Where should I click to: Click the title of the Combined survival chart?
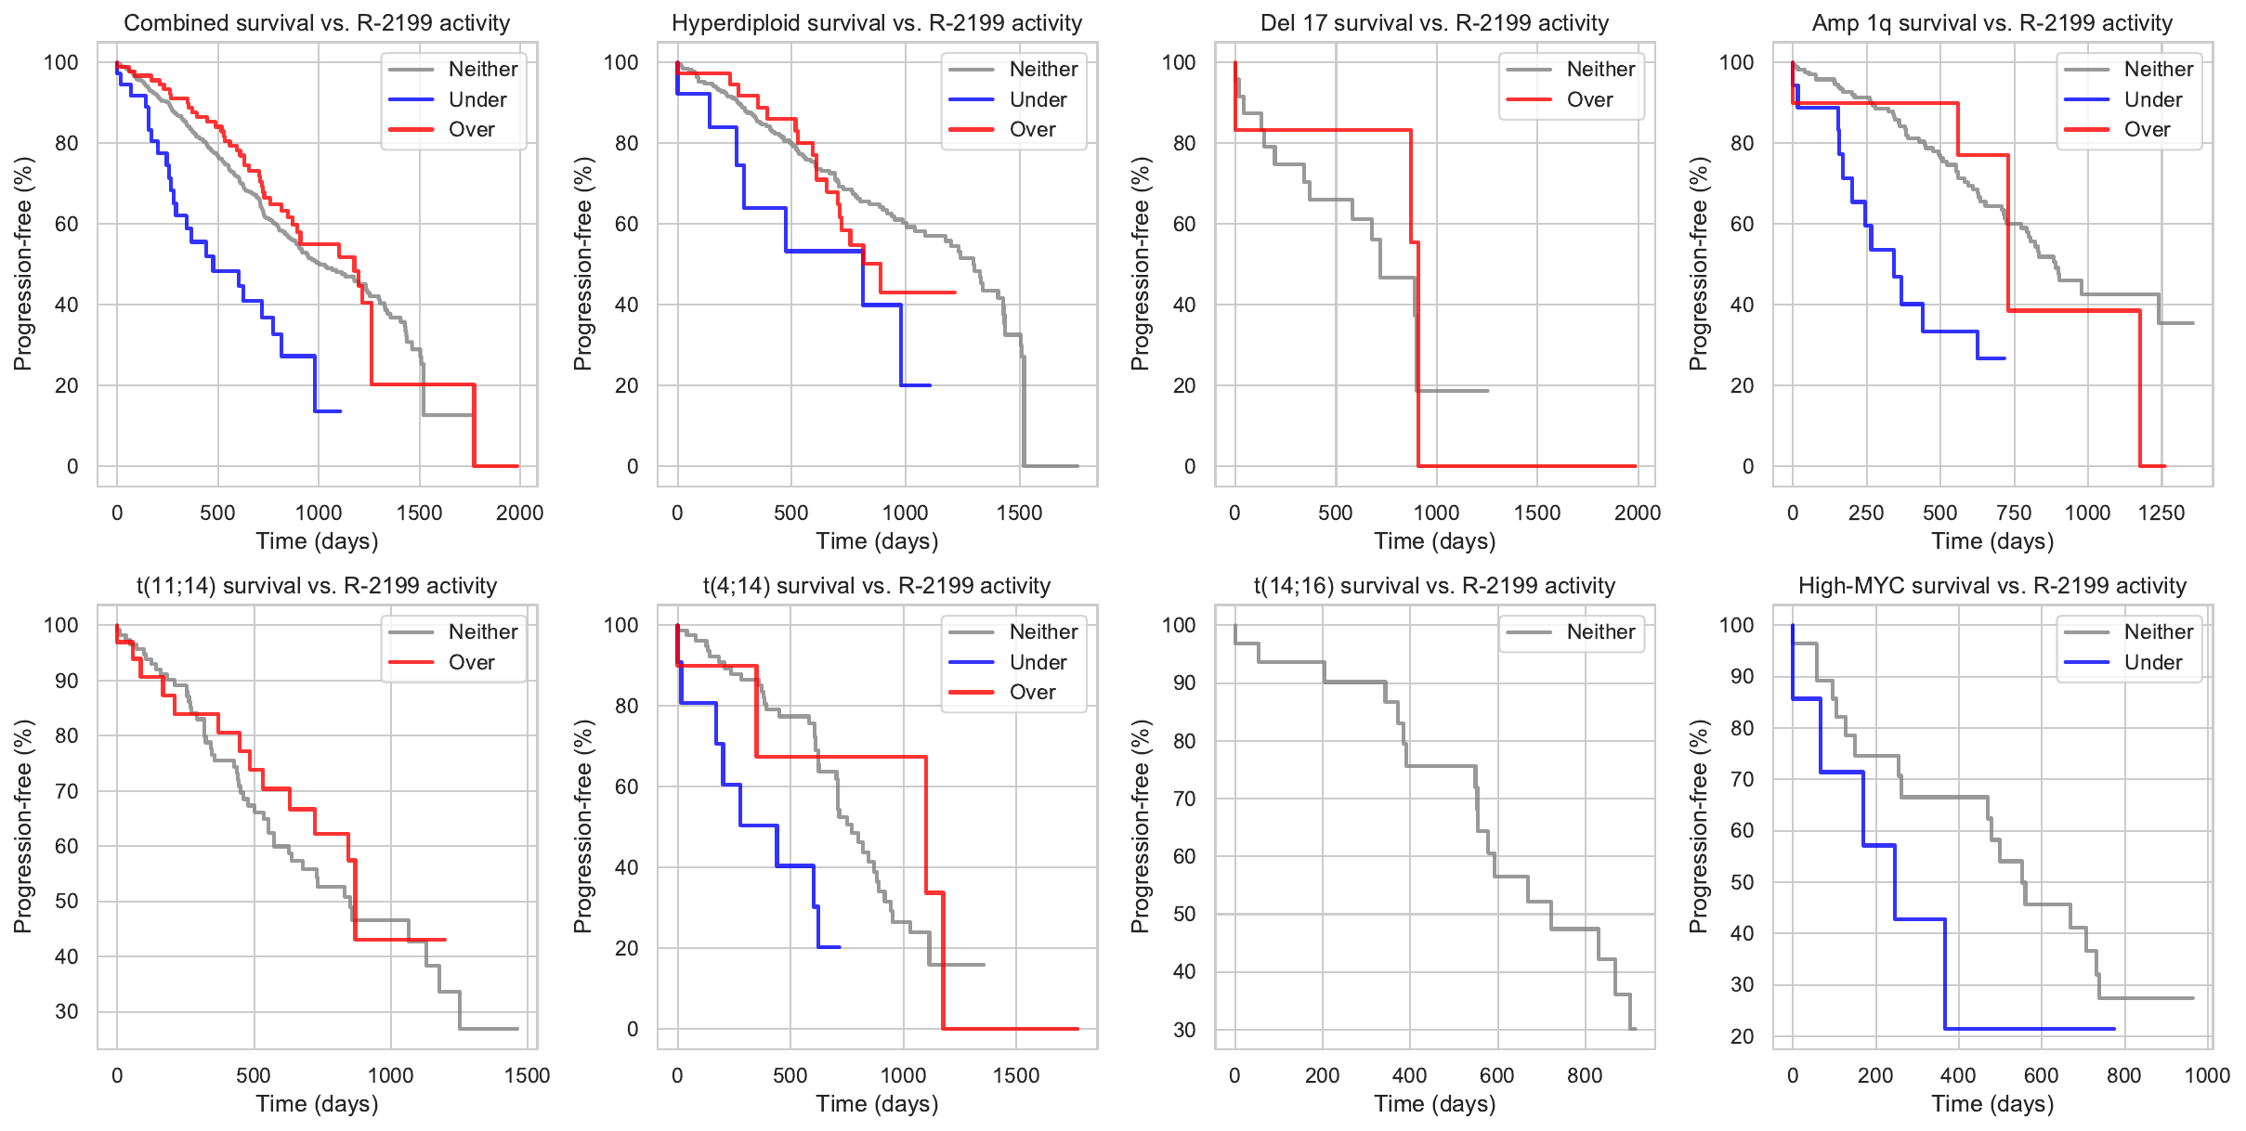(x=317, y=23)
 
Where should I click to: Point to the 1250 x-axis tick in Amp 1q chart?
(x=2161, y=513)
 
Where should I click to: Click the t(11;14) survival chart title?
(x=317, y=586)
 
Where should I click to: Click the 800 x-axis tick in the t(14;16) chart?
(x=1585, y=1076)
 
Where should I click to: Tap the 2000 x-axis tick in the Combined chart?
(x=519, y=513)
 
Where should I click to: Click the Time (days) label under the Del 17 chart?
(x=1434, y=541)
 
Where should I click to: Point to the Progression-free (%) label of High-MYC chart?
(x=1698, y=826)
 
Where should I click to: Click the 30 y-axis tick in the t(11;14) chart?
(x=67, y=1011)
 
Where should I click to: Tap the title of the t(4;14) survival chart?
(x=876, y=586)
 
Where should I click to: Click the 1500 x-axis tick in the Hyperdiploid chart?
(x=1019, y=513)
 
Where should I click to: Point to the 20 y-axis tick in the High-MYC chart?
(x=1742, y=1036)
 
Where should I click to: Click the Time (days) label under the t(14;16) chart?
(x=1434, y=1104)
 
